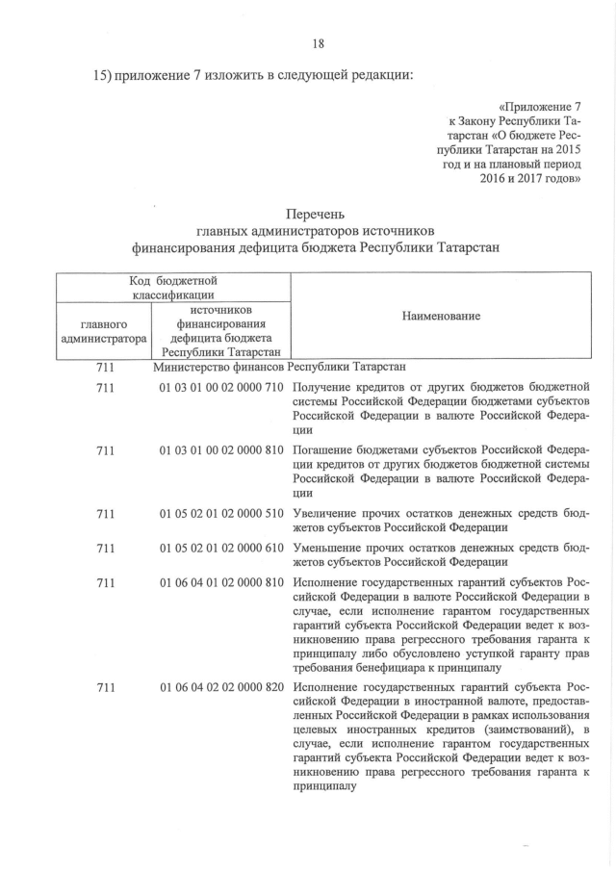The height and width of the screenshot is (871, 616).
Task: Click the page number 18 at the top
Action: [319, 42]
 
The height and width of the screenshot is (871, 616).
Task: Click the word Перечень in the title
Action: [319, 214]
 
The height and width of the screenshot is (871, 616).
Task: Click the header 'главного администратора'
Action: [103, 332]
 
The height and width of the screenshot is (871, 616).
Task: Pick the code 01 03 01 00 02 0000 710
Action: [221, 387]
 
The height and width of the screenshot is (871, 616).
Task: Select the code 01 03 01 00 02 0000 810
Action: [221, 449]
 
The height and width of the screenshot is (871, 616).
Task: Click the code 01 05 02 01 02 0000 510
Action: [221, 513]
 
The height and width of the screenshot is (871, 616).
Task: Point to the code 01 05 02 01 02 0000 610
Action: [221, 548]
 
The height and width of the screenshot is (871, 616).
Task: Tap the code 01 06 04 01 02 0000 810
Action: [221, 582]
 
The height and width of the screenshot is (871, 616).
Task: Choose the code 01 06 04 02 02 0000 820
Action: [221, 688]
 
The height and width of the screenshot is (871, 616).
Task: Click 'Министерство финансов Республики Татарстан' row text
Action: [279, 367]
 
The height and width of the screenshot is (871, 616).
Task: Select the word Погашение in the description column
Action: [328, 449]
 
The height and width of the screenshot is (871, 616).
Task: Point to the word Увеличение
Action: [331, 513]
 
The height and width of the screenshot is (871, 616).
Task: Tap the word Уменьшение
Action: [333, 548]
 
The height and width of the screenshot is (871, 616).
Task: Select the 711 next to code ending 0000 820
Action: [106, 688]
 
